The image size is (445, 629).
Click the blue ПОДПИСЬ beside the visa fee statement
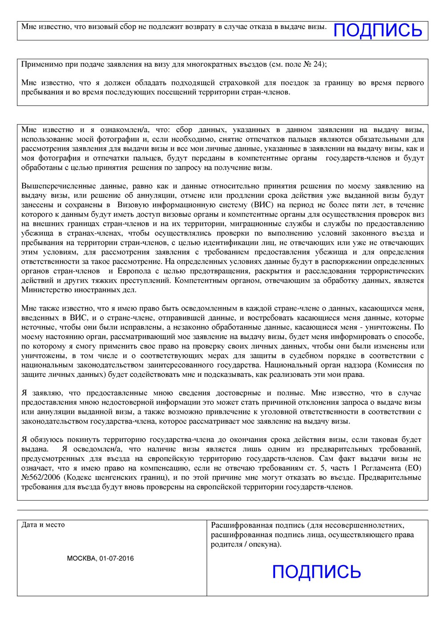click(x=377, y=30)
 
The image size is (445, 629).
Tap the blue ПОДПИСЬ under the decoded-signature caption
click(x=316, y=571)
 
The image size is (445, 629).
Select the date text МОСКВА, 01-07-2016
click(x=100, y=558)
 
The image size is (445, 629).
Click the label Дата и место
click(x=43, y=525)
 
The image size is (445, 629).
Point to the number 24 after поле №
click(x=317, y=64)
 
